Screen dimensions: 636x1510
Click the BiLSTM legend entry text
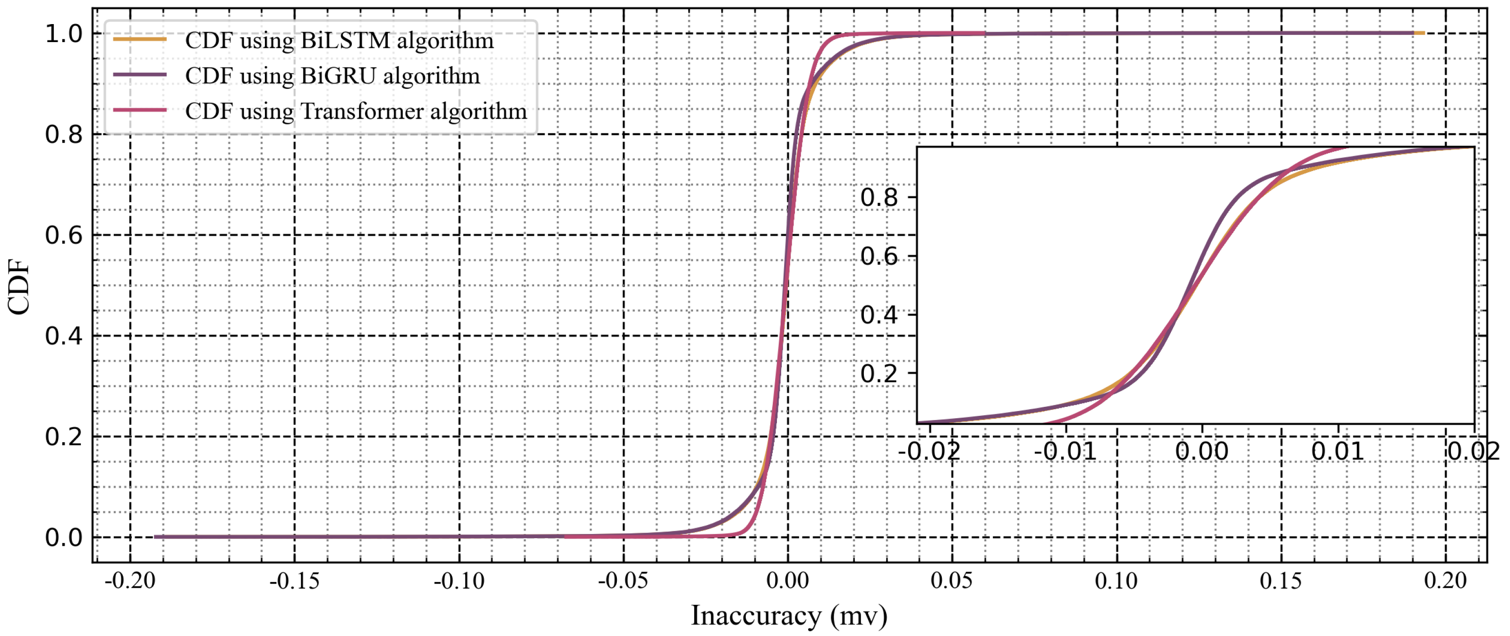pyautogui.click(x=339, y=41)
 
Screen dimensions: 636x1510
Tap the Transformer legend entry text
pyautogui.click(x=355, y=111)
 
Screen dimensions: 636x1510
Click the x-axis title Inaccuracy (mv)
pyautogui.click(x=789, y=616)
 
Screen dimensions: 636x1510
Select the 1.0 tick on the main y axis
pyautogui.click(x=63, y=34)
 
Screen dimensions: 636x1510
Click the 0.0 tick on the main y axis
pyautogui.click(x=63, y=537)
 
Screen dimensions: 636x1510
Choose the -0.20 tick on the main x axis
pyautogui.click(x=130, y=581)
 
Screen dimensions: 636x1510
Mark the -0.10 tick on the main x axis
pyautogui.click(x=459, y=581)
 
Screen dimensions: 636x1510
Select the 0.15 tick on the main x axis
pyautogui.click(x=1281, y=581)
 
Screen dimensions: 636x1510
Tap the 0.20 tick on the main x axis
pyautogui.click(x=1445, y=581)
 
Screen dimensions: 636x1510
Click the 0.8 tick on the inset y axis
pyautogui.click(x=879, y=198)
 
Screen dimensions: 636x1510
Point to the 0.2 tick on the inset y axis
pyautogui.click(x=879, y=373)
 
